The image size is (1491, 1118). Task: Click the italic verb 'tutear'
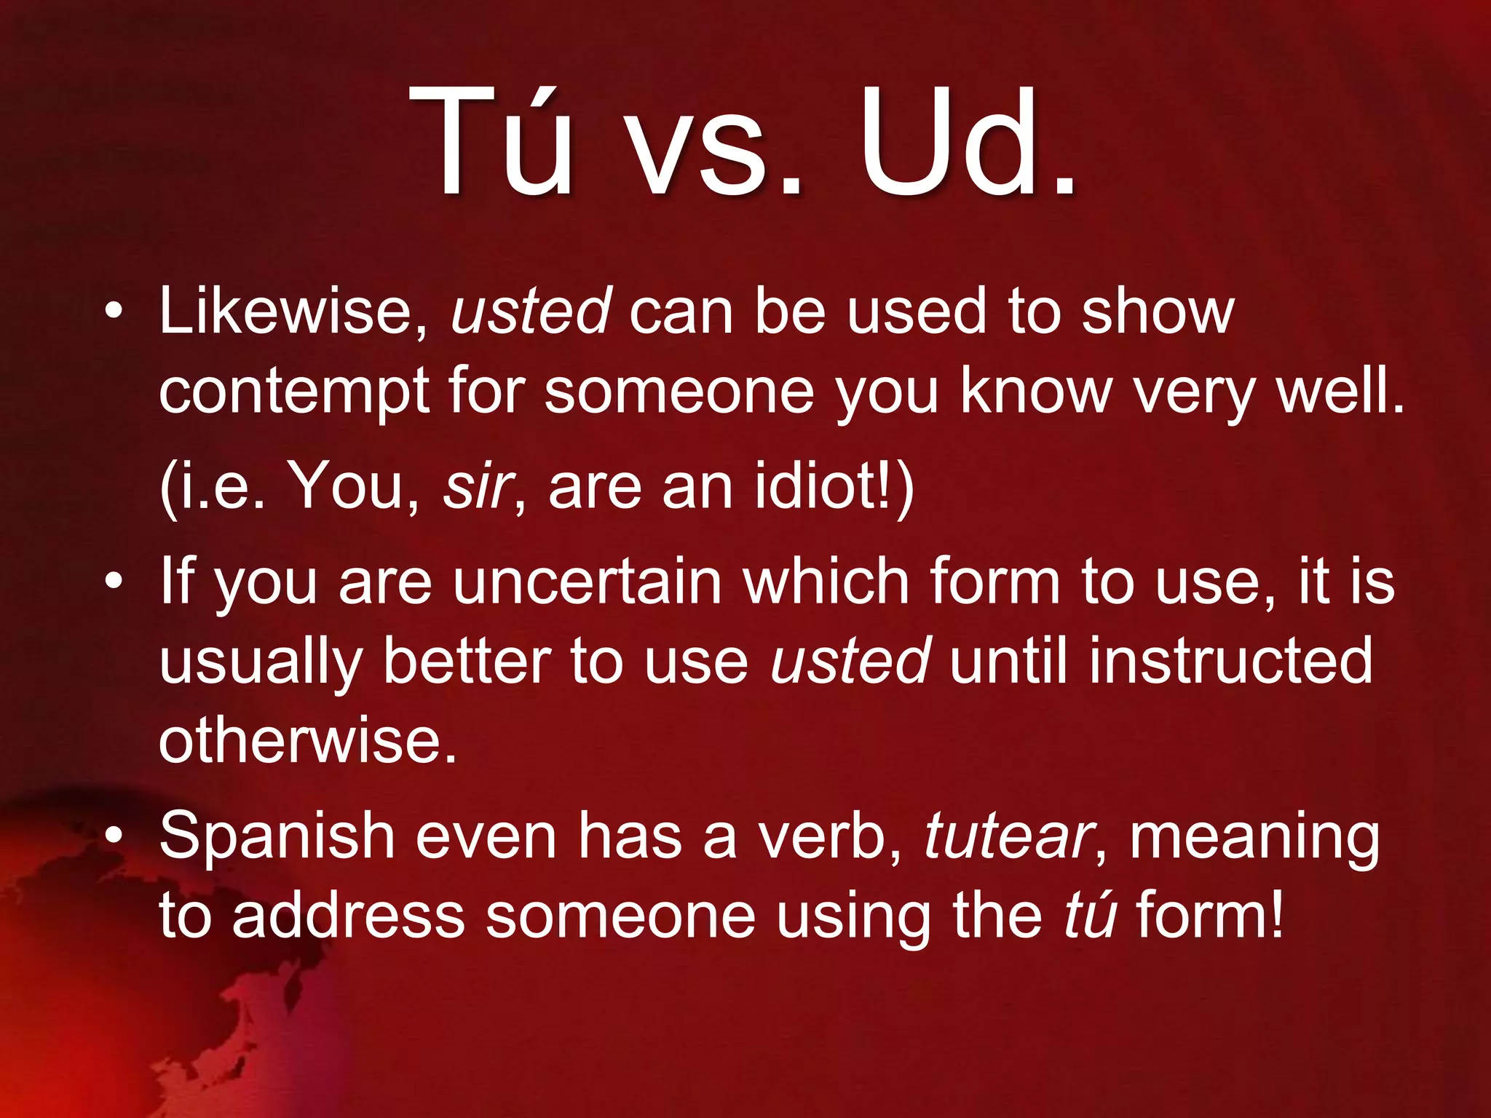(1008, 837)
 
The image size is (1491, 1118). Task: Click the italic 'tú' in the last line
(1090, 916)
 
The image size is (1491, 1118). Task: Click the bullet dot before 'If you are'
(113, 582)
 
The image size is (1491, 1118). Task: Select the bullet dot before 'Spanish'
(113, 837)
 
